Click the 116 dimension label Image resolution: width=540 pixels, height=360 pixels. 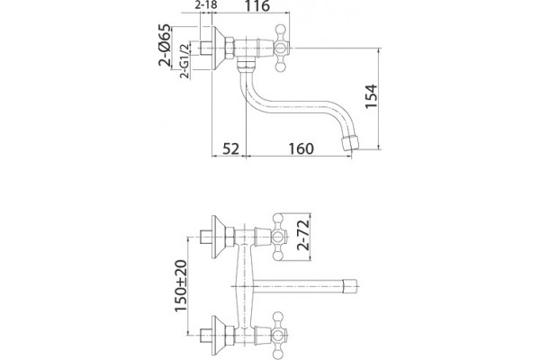(257, 6)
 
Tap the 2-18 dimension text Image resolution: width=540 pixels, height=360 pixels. (206, 5)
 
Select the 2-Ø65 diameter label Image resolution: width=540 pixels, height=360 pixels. (165, 45)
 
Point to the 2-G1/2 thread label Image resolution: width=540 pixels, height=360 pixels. (184, 61)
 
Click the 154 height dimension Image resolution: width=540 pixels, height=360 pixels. (371, 96)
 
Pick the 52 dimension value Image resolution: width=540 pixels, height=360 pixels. (230, 148)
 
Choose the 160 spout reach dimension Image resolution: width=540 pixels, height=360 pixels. (301, 148)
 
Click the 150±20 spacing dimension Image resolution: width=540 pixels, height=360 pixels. (181, 286)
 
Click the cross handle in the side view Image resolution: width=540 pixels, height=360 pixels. (281, 48)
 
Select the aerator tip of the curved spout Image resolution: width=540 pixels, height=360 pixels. (349, 142)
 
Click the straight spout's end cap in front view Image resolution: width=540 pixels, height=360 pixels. (351, 285)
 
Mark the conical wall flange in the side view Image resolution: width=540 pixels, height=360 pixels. (217, 48)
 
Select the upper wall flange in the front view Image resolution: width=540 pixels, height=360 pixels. (218, 237)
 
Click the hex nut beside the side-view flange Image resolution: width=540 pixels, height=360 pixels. (229, 48)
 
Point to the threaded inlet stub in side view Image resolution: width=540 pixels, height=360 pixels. (205, 48)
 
